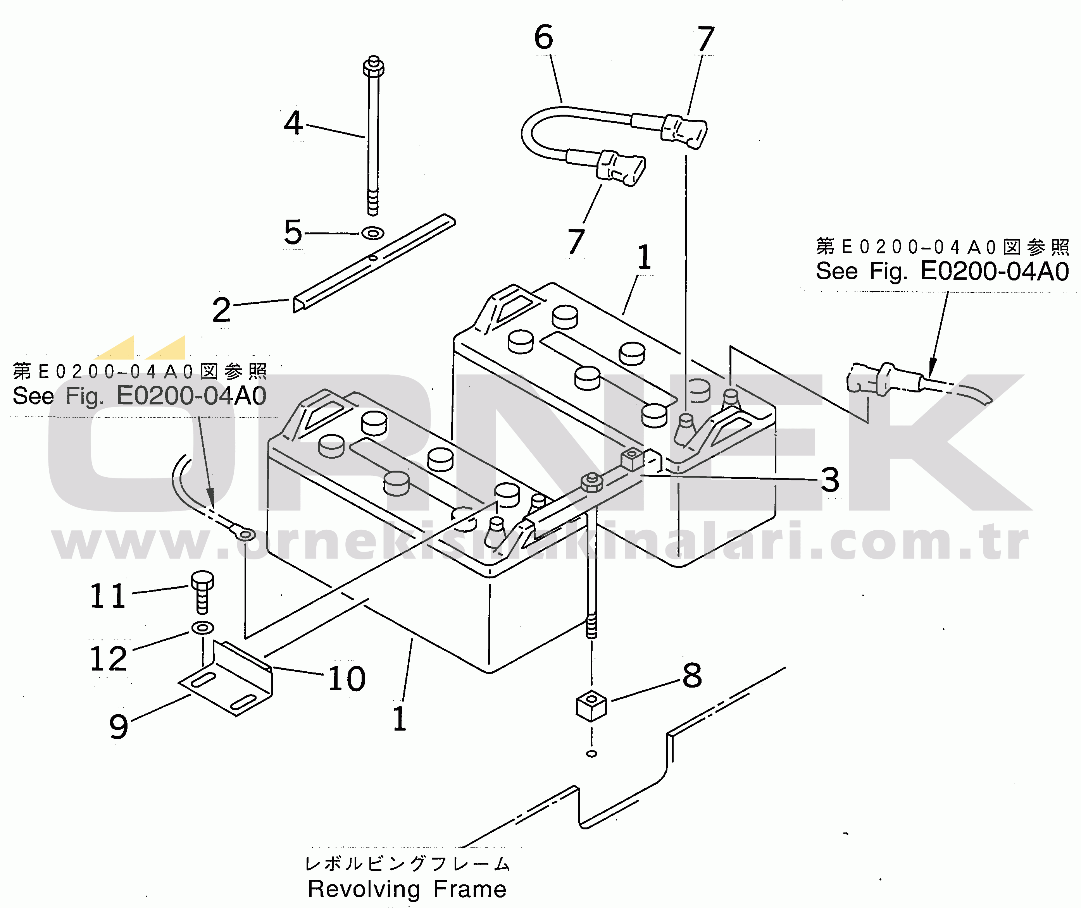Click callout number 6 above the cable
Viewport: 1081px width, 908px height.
click(544, 37)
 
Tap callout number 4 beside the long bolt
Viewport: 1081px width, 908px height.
click(293, 123)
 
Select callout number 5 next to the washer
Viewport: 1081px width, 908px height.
click(293, 232)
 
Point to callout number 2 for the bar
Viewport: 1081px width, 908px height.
click(221, 310)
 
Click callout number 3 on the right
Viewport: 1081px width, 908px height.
click(830, 480)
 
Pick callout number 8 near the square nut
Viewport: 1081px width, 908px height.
click(692, 675)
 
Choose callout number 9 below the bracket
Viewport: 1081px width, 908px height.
click(119, 727)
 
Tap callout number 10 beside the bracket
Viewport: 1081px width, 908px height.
click(347, 678)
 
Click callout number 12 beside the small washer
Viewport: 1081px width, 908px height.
click(108, 659)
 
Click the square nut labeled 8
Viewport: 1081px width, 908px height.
click(591, 706)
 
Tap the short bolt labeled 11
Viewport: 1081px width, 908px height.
click(202, 592)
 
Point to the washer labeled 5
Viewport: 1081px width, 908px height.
click(373, 233)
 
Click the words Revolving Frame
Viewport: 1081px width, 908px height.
click(407, 889)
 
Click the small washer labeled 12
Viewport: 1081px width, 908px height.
click(203, 628)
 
